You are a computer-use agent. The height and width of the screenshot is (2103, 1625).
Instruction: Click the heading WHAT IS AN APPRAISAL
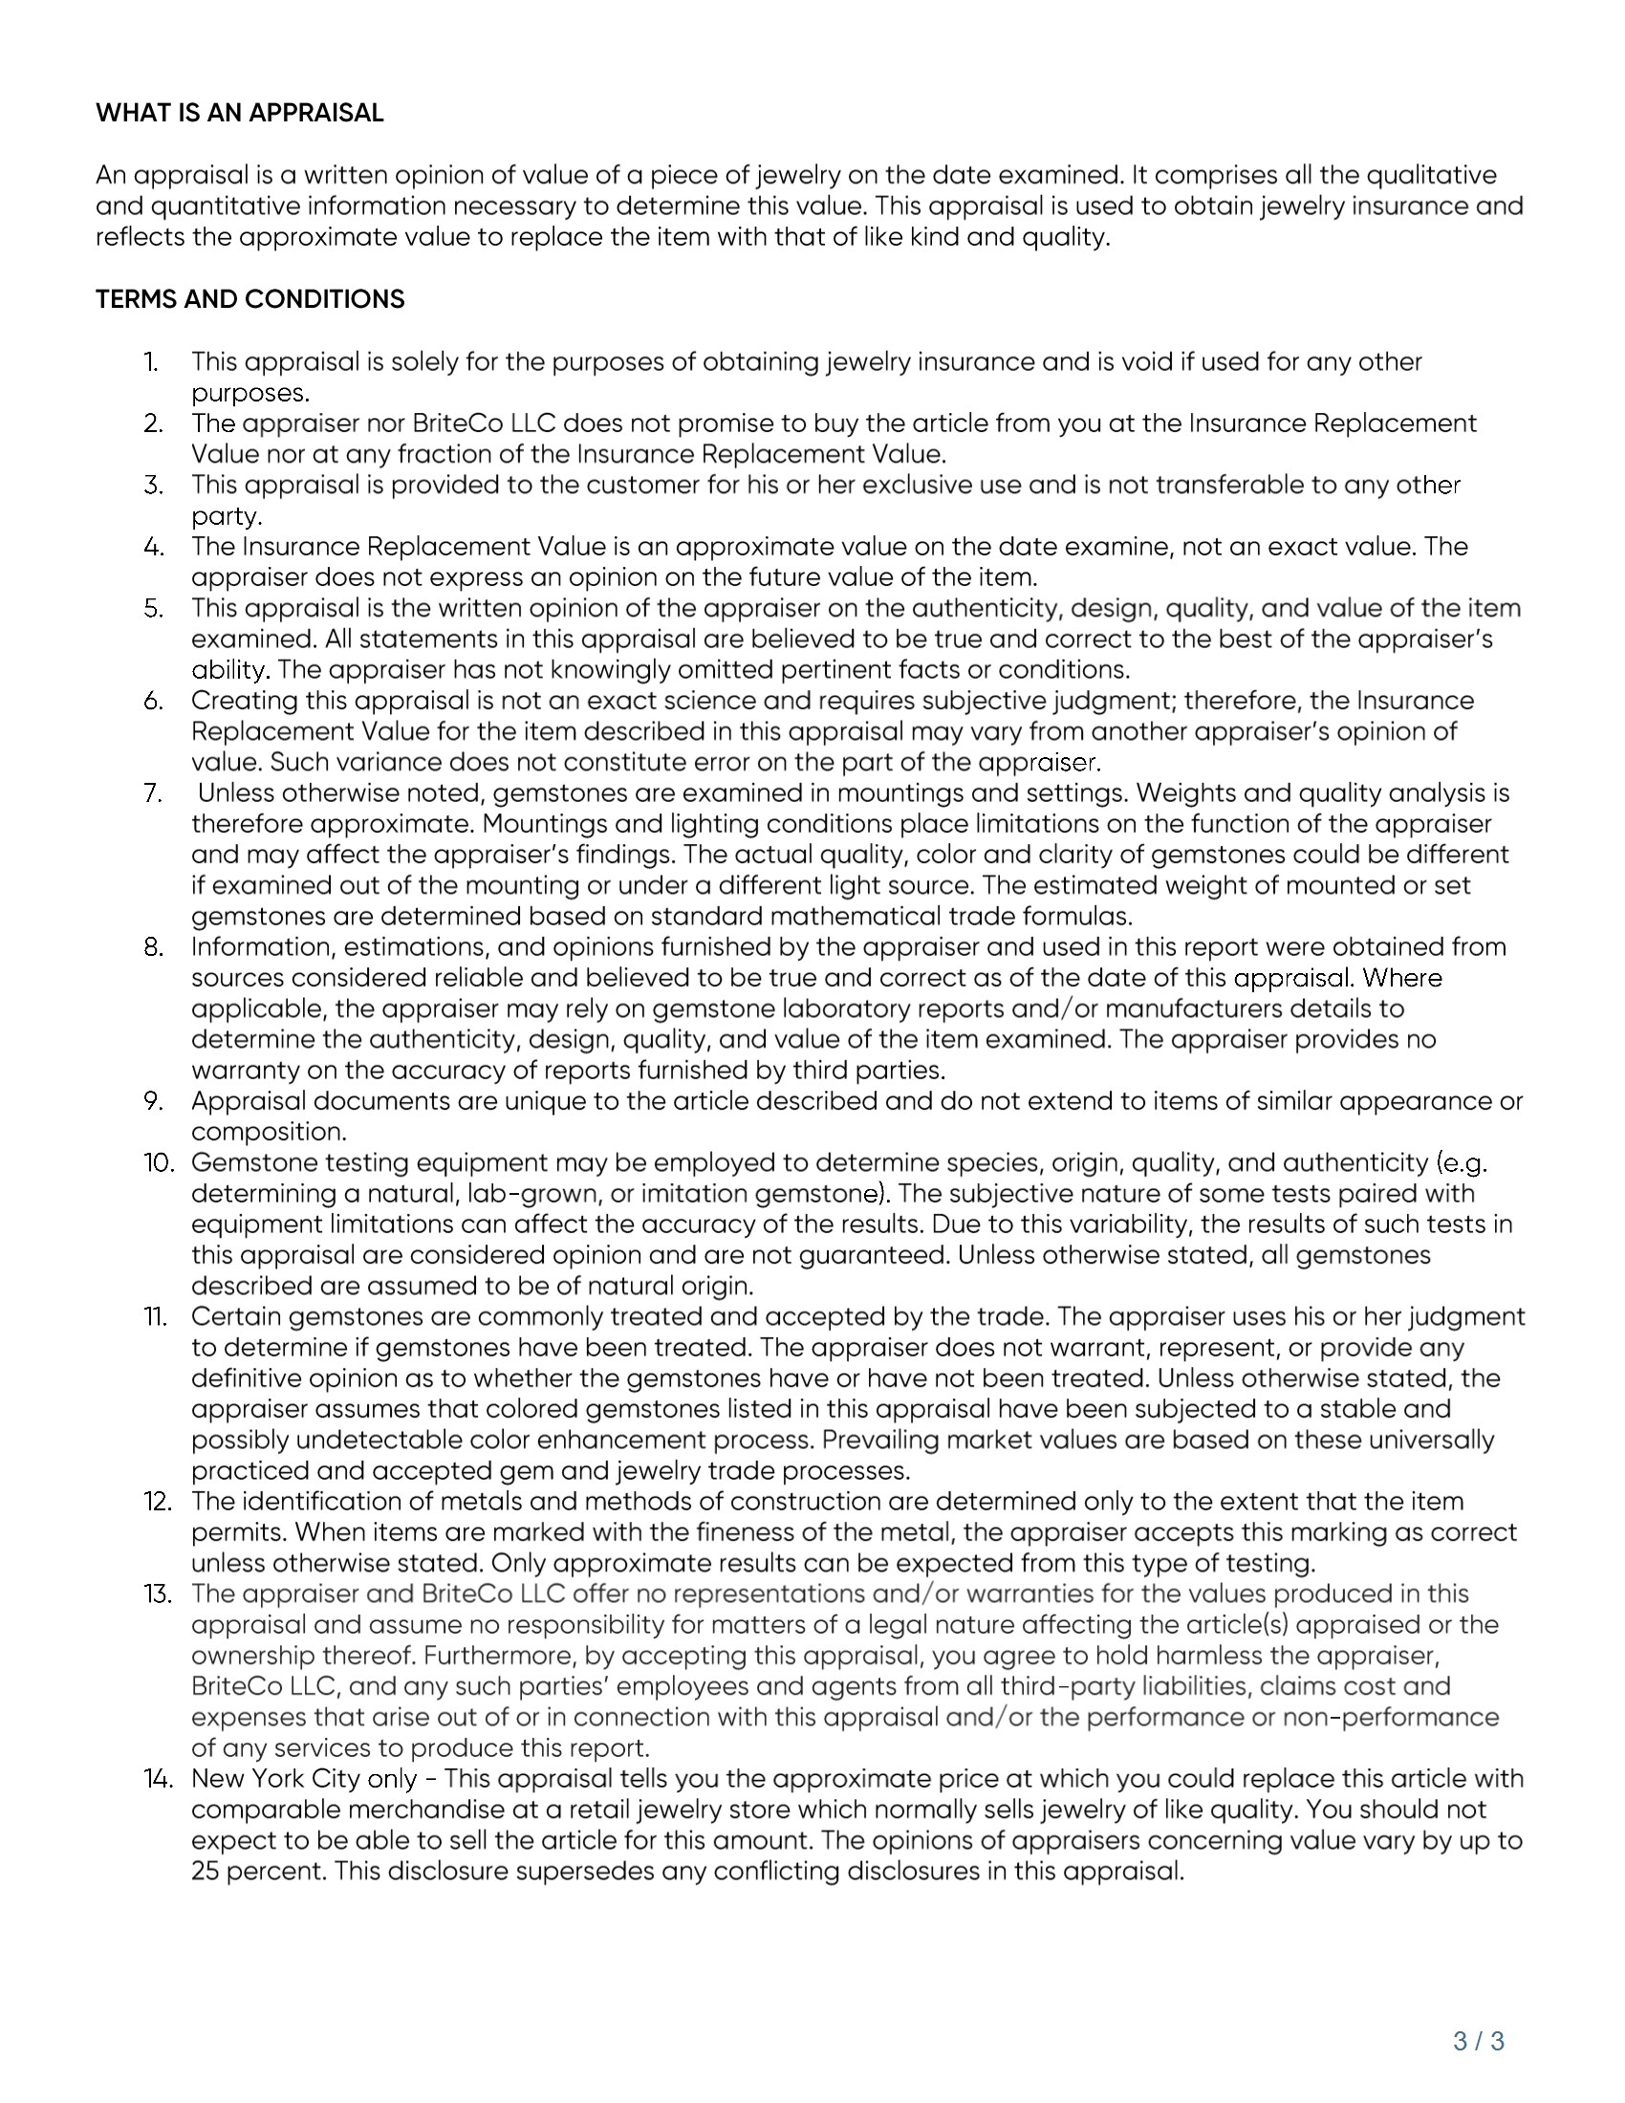[240, 113]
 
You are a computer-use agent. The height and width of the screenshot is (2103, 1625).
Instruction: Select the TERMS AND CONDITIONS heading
[250, 298]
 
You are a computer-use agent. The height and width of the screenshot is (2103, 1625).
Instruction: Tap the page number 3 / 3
[1479, 2041]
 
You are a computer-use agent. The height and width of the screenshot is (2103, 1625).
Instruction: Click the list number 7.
[152, 793]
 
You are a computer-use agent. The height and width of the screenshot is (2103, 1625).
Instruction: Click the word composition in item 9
[268, 1133]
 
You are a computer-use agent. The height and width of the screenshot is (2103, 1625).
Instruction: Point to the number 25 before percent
[206, 1872]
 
